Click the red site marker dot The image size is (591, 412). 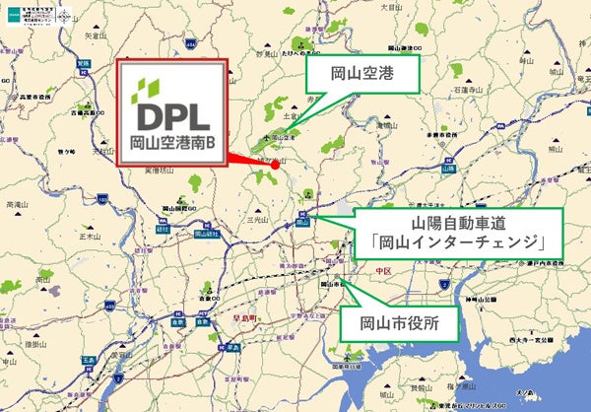[276, 165]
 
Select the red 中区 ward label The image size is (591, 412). [382, 269]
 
